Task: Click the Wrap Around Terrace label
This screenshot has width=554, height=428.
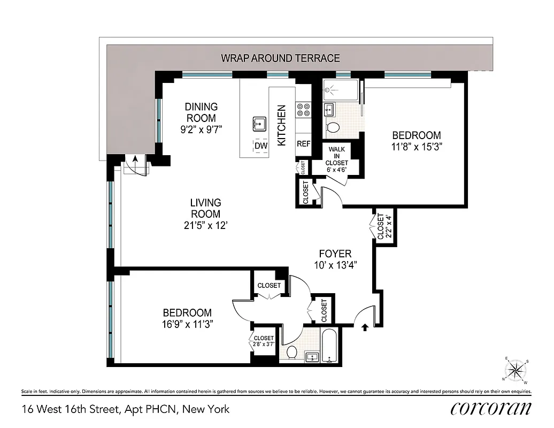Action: click(x=280, y=58)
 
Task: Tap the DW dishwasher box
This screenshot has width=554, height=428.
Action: click(x=260, y=146)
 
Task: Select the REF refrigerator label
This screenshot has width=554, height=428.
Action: click(x=304, y=143)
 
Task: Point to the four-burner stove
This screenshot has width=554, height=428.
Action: click(x=303, y=110)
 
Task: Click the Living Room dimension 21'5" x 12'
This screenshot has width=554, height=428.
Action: click(x=206, y=225)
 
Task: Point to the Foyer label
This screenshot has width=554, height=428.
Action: click(x=335, y=254)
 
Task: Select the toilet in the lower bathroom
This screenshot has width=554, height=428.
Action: click(x=292, y=353)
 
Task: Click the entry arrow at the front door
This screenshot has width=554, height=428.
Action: click(x=365, y=327)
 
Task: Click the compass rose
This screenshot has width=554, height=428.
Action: click(x=516, y=369)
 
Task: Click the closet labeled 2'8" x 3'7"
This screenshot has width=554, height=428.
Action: click(x=263, y=341)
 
